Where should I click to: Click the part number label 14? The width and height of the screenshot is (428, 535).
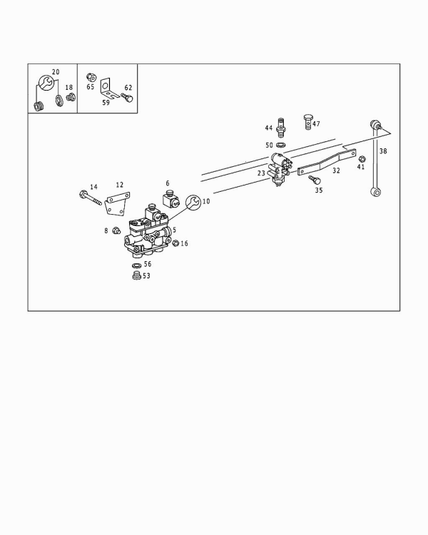pyautogui.click(x=93, y=186)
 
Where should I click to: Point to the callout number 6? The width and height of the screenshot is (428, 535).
pyautogui.click(x=168, y=183)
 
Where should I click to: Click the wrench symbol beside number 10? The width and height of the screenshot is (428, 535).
pyautogui.click(x=193, y=204)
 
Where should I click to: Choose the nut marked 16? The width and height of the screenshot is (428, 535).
pyautogui.click(x=175, y=244)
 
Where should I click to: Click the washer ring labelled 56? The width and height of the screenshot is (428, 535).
pyautogui.click(x=136, y=265)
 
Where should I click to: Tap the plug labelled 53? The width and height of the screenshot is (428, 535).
pyautogui.click(x=136, y=275)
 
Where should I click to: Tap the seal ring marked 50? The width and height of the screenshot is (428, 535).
pyautogui.click(x=280, y=146)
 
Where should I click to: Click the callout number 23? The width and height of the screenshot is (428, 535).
pyautogui.click(x=261, y=173)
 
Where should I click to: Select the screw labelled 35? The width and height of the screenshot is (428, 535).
pyautogui.click(x=313, y=181)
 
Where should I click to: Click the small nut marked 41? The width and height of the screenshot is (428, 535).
pyautogui.click(x=362, y=158)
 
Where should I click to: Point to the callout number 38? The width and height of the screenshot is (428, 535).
pyautogui.click(x=383, y=151)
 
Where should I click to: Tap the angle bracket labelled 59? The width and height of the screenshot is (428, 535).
pyautogui.click(x=106, y=88)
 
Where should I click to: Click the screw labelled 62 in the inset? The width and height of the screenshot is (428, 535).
pyautogui.click(x=126, y=96)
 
